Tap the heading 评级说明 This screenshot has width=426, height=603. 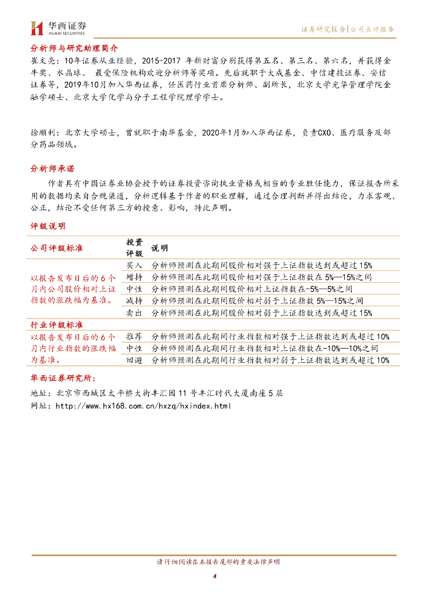(48, 226)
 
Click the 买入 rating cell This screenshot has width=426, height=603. (134, 265)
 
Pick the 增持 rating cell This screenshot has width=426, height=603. (134, 277)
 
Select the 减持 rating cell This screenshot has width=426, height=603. (134, 301)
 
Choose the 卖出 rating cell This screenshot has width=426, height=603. (134, 313)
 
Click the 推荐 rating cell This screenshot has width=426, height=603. (134, 336)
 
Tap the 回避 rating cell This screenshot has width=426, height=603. (134, 360)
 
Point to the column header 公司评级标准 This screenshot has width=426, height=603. (56, 248)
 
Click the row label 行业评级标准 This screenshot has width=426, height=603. (56, 324)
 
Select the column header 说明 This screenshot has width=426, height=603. (159, 248)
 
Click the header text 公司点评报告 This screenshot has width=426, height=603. (372, 28)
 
